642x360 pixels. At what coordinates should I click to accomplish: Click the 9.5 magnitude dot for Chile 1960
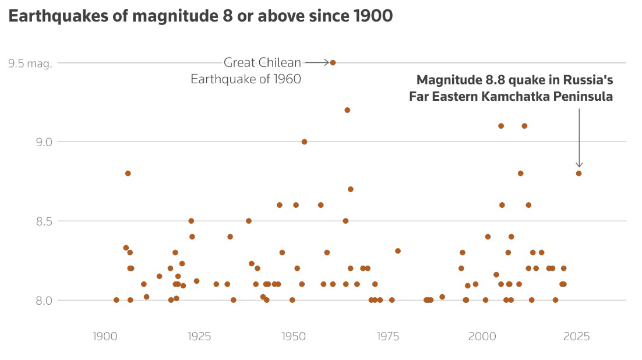pyautogui.click(x=333, y=62)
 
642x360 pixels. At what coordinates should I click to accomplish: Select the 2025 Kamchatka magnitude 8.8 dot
pyautogui.click(x=578, y=173)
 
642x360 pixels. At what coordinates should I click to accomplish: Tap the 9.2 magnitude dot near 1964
pyautogui.click(x=347, y=110)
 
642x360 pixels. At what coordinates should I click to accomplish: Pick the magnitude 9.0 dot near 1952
pyautogui.click(x=304, y=142)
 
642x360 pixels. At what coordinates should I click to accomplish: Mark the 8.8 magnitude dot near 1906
pyautogui.click(x=128, y=173)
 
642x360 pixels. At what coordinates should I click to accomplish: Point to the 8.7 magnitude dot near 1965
pyautogui.click(x=351, y=189)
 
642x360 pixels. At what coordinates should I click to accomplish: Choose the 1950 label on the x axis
pyautogui.click(x=293, y=336)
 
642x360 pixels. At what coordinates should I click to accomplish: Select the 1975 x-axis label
pyautogui.click(x=388, y=336)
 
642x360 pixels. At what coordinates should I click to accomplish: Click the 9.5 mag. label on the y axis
pyautogui.click(x=30, y=63)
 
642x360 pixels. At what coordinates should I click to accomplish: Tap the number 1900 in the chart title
pyautogui.click(x=373, y=16)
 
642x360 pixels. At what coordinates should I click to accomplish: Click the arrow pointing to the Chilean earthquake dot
pyautogui.click(x=317, y=62)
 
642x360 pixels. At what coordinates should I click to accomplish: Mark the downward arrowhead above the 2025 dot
pyautogui.click(x=578, y=165)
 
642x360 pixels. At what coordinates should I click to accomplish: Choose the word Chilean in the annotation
pyautogui.click(x=281, y=62)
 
